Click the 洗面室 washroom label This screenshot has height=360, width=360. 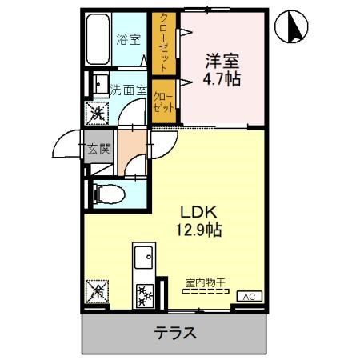tap(128, 90)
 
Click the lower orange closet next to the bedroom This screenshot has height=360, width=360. tap(164, 101)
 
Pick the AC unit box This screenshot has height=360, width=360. tap(250, 295)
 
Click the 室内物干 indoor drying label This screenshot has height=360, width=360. tap(206, 282)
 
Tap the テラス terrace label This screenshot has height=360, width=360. tap(174, 333)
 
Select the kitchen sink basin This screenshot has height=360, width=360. tap(145, 259)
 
